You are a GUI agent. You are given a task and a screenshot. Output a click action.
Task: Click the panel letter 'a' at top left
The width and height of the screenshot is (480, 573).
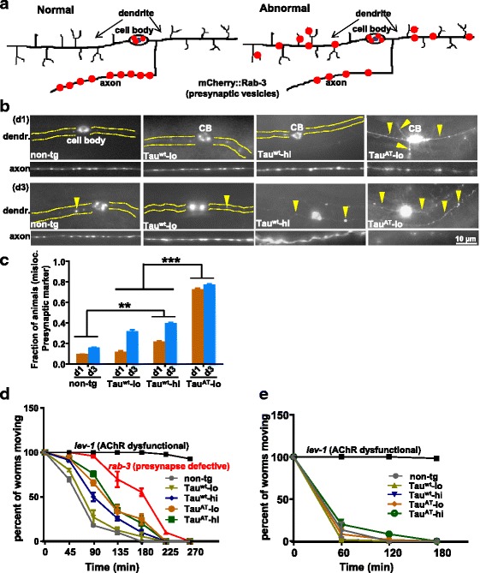(6, 7)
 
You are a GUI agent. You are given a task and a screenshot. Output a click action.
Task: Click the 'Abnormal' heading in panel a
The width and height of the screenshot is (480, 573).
(272, 14)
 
